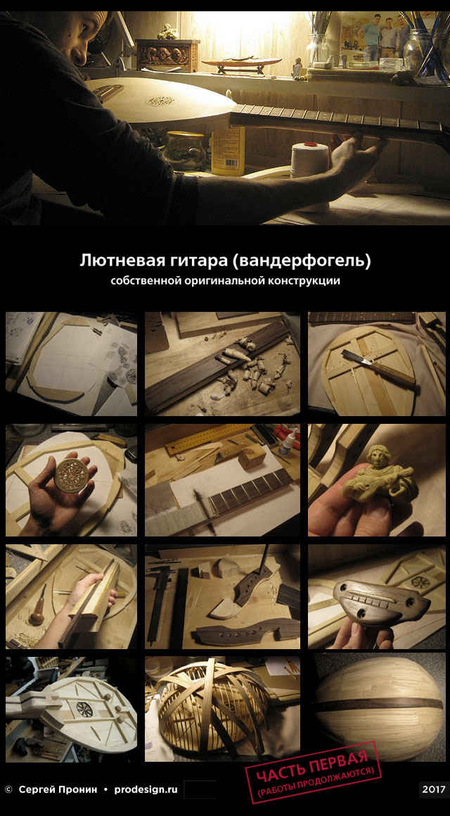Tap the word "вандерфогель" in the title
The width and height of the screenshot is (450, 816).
point(302,261)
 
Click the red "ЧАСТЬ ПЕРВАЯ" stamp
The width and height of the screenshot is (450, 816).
point(314,772)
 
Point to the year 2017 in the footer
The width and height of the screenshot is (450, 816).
point(434,789)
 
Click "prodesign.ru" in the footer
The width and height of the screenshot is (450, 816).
point(146,789)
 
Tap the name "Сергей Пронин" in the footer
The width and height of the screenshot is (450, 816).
point(57,789)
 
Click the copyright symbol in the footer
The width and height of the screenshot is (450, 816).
point(8,789)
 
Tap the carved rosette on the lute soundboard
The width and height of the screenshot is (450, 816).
point(160,101)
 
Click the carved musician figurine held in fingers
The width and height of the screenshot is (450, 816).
point(379,477)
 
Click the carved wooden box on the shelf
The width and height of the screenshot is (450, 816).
point(167,55)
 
